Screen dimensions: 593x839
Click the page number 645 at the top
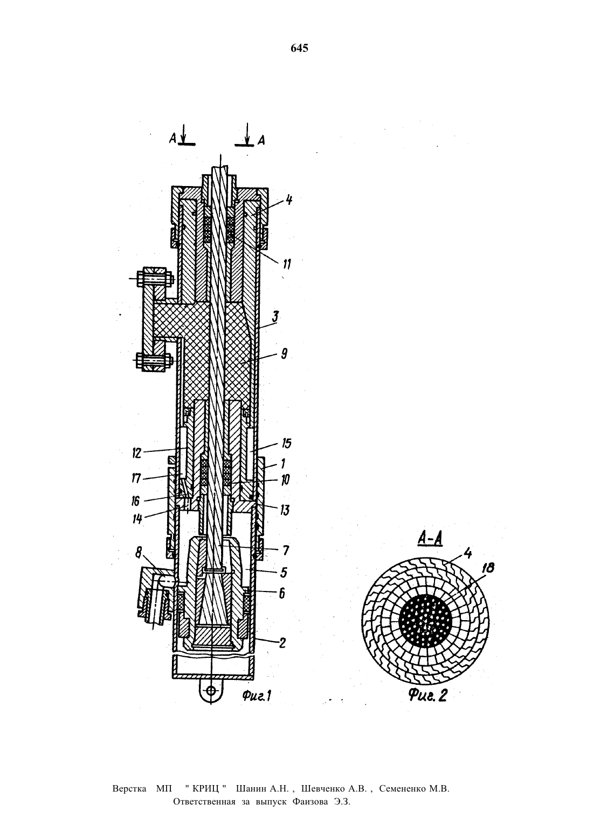(x=300, y=48)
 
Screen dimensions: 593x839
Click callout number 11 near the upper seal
(x=286, y=264)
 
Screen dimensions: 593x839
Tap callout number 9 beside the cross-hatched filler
(x=284, y=353)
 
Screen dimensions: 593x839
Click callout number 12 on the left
(x=137, y=453)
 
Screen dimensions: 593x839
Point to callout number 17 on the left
(x=136, y=478)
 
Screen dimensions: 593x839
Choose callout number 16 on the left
(x=135, y=501)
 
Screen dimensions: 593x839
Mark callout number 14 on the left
(x=137, y=519)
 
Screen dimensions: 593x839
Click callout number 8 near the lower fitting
(x=139, y=552)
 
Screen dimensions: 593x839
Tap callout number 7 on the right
(x=286, y=551)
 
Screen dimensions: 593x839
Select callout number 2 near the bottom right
(x=282, y=643)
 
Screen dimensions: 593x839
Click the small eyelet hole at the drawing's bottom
(x=211, y=690)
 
